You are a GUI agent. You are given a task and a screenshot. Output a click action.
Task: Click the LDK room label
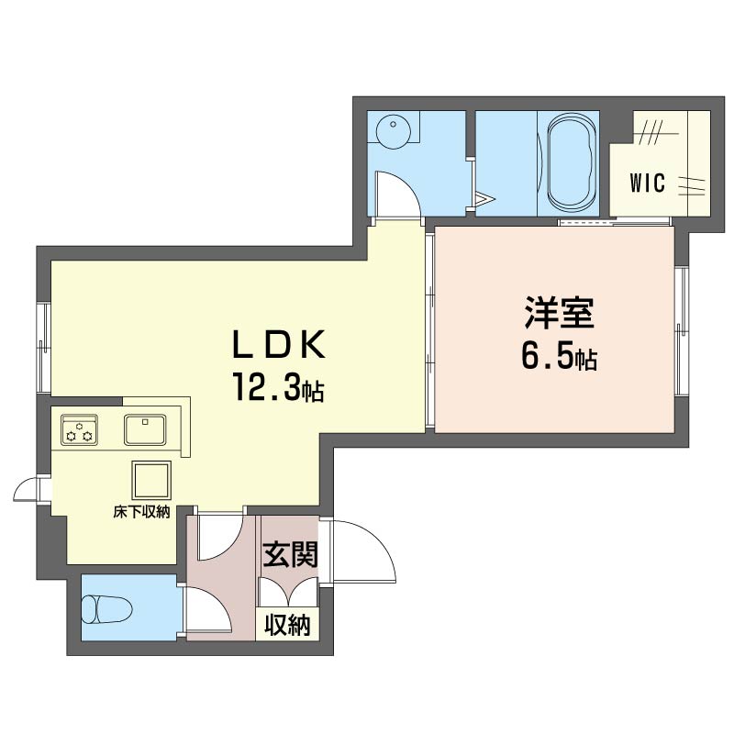[x=279, y=345]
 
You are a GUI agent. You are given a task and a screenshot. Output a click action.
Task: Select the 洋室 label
[x=560, y=312]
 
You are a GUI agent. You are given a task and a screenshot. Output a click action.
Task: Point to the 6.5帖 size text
[x=560, y=357]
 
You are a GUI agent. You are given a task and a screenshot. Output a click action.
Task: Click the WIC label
[x=648, y=183]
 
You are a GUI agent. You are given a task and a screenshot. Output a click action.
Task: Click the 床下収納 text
[x=141, y=512]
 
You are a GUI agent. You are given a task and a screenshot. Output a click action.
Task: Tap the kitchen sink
[x=145, y=429]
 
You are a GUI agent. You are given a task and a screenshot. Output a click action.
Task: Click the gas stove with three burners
[x=79, y=429]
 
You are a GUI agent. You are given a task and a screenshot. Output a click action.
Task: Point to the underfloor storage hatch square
[x=151, y=480]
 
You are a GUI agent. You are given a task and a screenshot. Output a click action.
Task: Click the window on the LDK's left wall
[x=44, y=349]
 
